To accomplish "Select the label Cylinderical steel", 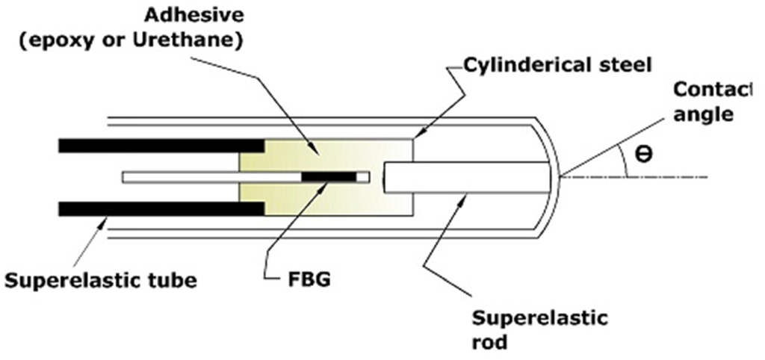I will coord(557,64).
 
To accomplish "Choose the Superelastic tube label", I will coord(100,282).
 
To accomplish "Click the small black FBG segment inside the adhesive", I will coord(329,177).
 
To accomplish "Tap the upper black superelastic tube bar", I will coord(161,146).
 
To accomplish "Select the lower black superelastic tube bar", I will coord(161,208).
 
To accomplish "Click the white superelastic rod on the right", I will coord(467,177).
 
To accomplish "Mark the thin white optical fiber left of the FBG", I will coord(209,177).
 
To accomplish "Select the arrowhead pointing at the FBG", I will coord(326,184).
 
